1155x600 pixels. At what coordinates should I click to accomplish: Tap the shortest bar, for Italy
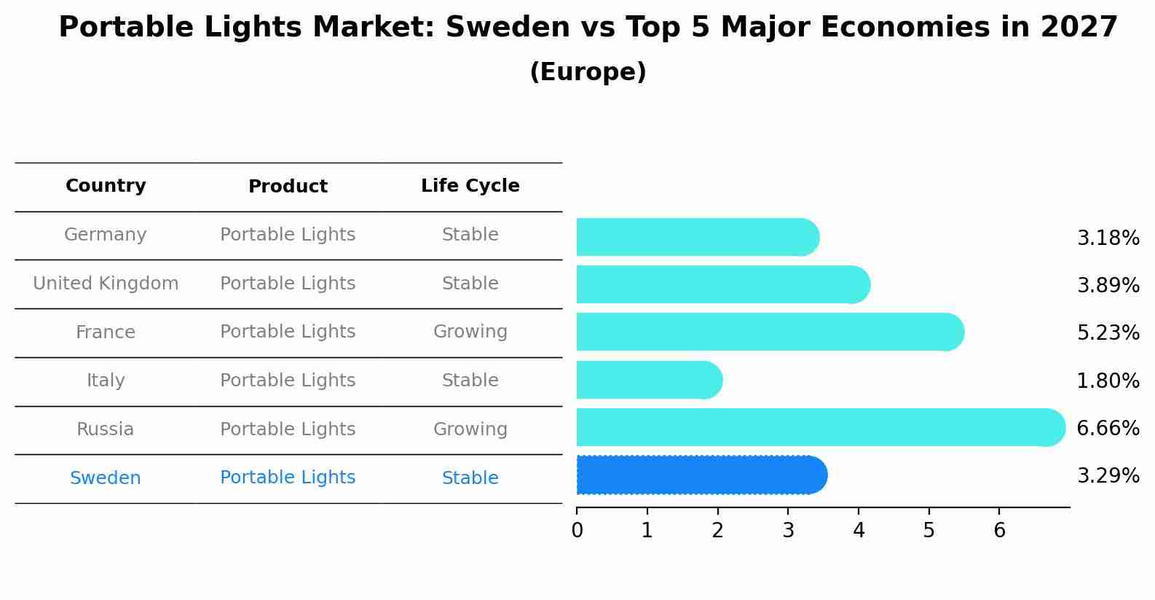point(648,380)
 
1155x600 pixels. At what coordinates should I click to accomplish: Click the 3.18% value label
point(1108,238)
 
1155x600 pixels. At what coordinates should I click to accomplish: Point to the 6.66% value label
point(1108,428)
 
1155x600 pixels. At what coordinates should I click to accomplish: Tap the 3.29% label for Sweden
point(1108,476)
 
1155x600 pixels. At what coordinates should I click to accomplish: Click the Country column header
point(106,186)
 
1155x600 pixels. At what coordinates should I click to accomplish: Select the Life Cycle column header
point(470,186)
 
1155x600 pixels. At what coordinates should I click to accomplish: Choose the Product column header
point(288,187)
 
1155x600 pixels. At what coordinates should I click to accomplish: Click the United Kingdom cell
point(106,284)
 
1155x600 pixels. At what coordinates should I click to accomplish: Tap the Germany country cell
point(106,235)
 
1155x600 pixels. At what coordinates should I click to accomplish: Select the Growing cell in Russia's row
point(470,429)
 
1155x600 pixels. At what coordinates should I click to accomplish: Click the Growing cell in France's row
point(470,332)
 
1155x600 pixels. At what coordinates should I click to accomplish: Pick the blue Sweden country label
point(106,478)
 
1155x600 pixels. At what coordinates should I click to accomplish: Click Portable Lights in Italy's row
point(288,381)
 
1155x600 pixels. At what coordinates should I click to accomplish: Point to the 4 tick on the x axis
point(859,531)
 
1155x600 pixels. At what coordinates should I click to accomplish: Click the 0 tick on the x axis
point(577,531)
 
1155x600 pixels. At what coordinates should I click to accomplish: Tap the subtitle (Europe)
point(588,72)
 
